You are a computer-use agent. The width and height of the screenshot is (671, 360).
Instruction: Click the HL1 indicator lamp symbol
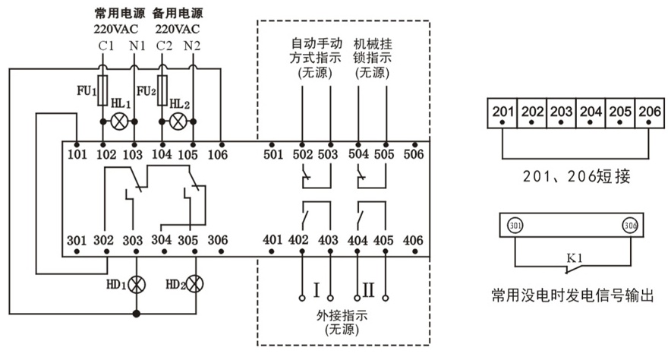pos(118,121)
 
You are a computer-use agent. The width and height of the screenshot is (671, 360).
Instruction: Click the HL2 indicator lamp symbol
pos(178,121)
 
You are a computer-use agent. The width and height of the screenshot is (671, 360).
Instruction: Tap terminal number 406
pos(414,240)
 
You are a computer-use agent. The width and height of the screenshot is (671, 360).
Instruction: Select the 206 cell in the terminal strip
pos(647,112)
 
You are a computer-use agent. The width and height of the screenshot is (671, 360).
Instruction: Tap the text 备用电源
pos(178,13)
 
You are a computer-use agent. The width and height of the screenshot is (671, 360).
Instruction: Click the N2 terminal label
pos(193,46)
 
